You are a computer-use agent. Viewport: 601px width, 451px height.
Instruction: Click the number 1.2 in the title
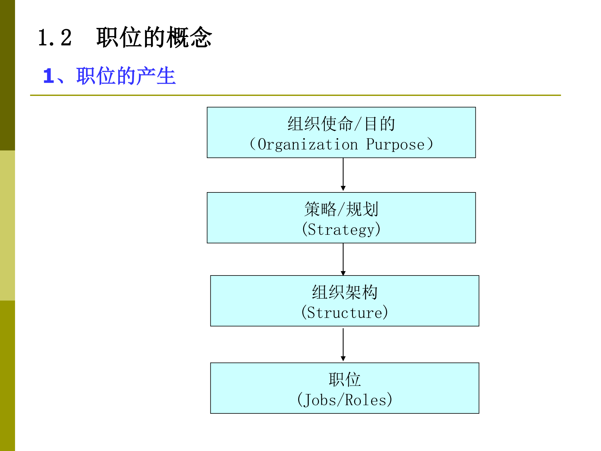(x=55, y=38)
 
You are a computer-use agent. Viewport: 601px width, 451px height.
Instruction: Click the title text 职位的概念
(x=154, y=38)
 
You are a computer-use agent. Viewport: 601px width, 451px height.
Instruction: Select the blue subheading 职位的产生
(x=126, y=76)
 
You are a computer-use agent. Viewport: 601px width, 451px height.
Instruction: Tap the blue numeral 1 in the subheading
(x=49, y=76)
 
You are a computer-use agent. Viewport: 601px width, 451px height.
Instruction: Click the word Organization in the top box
(x=308, y=144)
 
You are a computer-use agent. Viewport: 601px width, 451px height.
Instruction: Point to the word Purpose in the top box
(x=395, y=144)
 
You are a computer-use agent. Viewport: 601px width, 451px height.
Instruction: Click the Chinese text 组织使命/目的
(x=341, y=124)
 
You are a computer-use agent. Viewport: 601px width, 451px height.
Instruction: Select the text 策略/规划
(x=341, y=209)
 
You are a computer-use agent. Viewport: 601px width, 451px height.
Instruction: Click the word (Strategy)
(x=341, y=229)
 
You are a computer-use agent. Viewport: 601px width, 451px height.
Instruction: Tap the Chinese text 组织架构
(x=345, y=292)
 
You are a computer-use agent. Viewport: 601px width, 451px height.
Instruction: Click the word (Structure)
(x=345, y=312)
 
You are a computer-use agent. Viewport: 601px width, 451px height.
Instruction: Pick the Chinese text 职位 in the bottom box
(x=345, y=379)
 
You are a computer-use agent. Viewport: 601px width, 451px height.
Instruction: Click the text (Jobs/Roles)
(x=345, y=400)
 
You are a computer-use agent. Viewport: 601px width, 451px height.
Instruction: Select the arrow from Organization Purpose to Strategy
(x=343, y=174)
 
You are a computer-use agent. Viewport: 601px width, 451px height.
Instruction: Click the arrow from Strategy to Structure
(x=343, y=259)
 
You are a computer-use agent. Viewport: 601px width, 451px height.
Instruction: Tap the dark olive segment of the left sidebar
(x=7, y=75)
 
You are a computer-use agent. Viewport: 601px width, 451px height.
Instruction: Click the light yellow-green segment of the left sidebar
(x=7, y=226)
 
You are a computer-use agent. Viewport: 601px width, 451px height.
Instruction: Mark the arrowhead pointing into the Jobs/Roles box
(x=343, y=359)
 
